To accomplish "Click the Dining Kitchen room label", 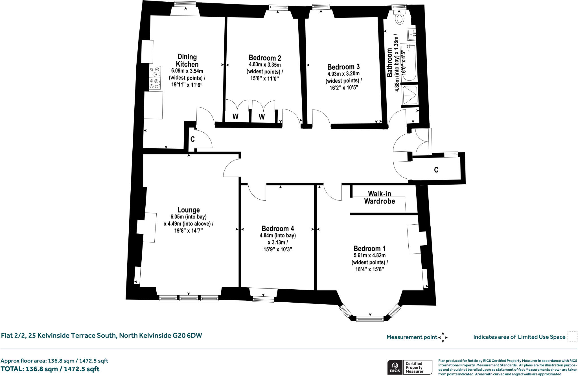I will pyautogui.click(x=187, y=60).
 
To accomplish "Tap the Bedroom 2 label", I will pyautogui.click(x=264, y=58).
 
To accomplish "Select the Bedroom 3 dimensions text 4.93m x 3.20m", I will pyautogui.click(x=343, y=74).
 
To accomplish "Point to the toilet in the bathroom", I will pyautogui.click(x=400, y=18).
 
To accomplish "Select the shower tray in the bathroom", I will pyautogui.click(x=410, y=95).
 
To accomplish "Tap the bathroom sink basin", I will pyautogui.click(x=411, y=35).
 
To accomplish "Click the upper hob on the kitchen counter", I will pyautogui.click(x=155, y=72).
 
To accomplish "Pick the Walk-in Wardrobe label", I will pyautogui.click(x=379, y=197).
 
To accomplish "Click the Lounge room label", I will pyautogui.click(x=188, y=210).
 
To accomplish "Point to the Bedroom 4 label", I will pyautogui.click(x=278, y=228).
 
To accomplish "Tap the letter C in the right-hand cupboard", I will pyautogui.click(x=436, y=170).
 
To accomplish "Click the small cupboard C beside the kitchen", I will pyautogui.click(x=192, y=139).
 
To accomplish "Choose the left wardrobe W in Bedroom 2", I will pyautogui.click(x=235, y=116).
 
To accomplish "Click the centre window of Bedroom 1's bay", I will pyautogui.click(x=370, y=319).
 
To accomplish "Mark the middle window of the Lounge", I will pyautogui.click(x=189, y=298).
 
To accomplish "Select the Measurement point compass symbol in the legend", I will pyautogui.click(x=443, y=337).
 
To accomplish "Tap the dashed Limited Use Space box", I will pyautogui.click(x=572, y=336).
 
